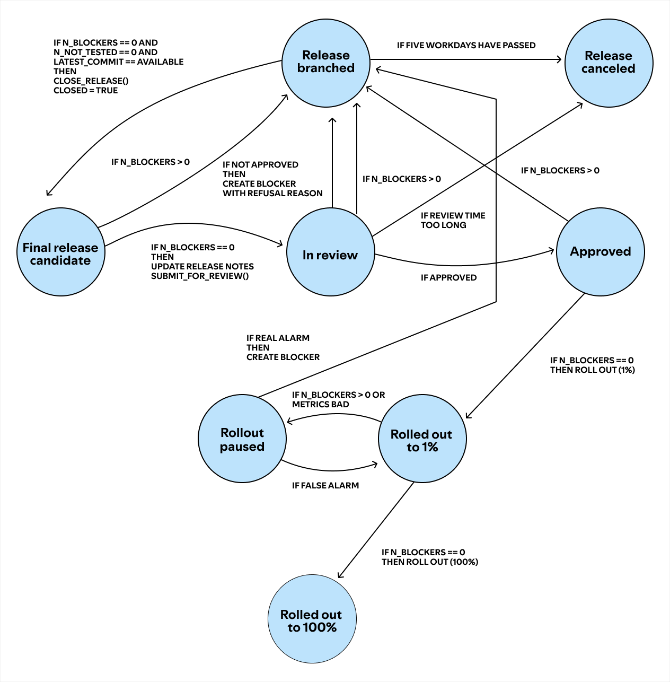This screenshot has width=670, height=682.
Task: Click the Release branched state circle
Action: coord(325,63)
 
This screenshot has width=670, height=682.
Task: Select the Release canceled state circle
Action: coord(609,63)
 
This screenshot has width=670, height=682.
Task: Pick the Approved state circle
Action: coord(600,252)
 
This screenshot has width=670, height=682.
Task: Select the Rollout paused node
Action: coord(242,439)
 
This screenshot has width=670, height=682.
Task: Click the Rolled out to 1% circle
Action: coord(422,439)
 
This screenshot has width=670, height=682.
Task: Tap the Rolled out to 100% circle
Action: coord(312,619)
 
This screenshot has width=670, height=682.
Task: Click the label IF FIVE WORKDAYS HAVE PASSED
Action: coord(466,46)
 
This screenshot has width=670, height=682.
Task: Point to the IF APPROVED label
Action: coord(448,278)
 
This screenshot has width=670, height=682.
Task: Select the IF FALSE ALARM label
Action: coord(325,486)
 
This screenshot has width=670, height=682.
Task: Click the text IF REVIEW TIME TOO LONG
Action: coord(453,220)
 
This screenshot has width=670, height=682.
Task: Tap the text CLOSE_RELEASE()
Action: coord(91,81)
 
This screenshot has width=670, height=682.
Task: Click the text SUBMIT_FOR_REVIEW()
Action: coord(199,276)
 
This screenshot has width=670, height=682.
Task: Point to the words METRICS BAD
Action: coord(320,405)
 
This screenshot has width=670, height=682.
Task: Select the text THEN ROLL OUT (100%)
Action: coord(429,562)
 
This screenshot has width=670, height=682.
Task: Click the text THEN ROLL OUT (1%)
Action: coord(592,370)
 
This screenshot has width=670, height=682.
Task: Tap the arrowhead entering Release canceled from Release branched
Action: coord(559,59)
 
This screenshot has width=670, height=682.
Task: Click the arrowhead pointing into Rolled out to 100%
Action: coord(340,575)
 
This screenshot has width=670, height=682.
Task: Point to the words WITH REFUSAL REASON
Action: coord(272,194)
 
